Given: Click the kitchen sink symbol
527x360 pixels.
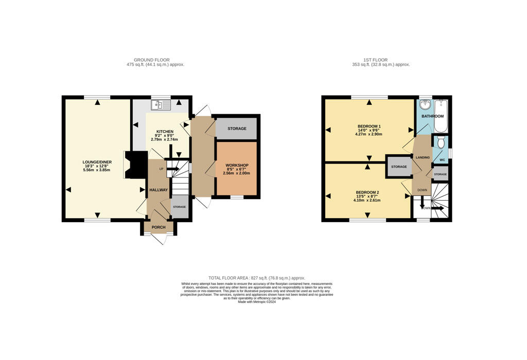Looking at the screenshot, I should (x=161, y=105).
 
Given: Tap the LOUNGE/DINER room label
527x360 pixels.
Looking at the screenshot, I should (x=97, y=162).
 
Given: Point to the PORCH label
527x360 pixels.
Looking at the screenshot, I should (x=158, y=227).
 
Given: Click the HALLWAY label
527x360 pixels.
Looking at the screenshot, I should (x=159, y=190).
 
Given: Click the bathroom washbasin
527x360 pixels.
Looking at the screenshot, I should (x=425, y=105).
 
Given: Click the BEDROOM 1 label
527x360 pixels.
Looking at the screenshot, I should (x=369, y=126).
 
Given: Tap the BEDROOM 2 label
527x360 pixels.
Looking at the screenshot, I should (x=367, y=192).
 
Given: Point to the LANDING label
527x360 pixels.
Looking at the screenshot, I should (x=423, y=157).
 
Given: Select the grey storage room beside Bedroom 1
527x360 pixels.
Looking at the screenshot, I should (x=399, y=167).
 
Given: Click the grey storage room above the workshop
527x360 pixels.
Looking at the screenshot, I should (x=236, y=129).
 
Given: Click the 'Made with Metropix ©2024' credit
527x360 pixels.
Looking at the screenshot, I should (x=257, y=302).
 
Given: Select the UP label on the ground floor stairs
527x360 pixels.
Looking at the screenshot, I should (x=161, y=169).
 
